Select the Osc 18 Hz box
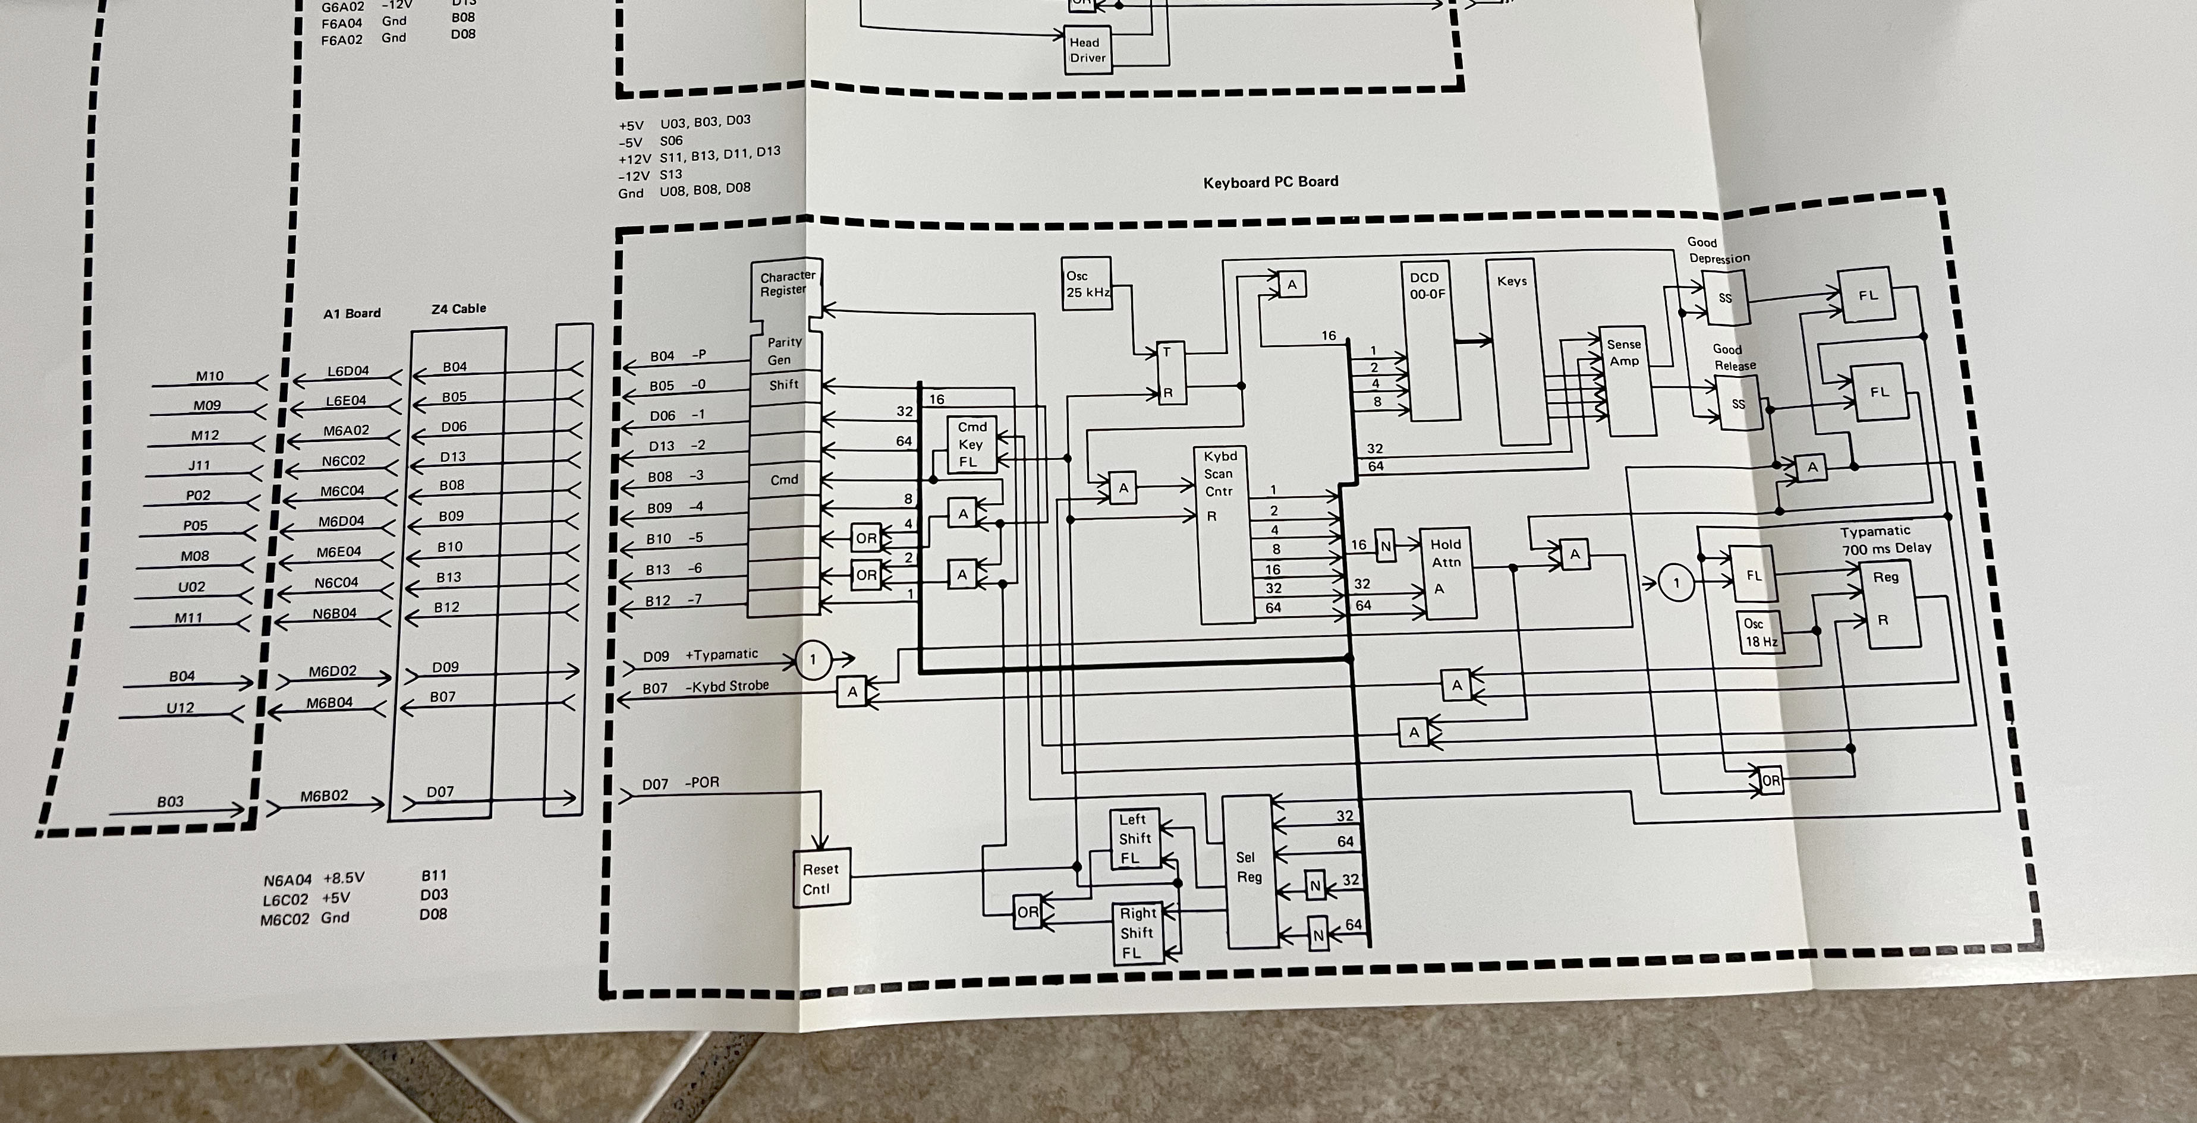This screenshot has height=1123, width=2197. [1760, 632]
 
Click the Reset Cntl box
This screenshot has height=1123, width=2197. [820, 878]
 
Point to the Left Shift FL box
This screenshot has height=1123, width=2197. [1134, 838]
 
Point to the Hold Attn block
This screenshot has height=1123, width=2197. [1446, 572]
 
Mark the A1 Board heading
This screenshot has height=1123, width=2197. [351, 313]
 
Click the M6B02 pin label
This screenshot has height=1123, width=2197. [324, 796]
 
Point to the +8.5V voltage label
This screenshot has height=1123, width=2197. [343, 878]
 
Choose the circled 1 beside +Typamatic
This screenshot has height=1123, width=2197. [812, 659]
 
